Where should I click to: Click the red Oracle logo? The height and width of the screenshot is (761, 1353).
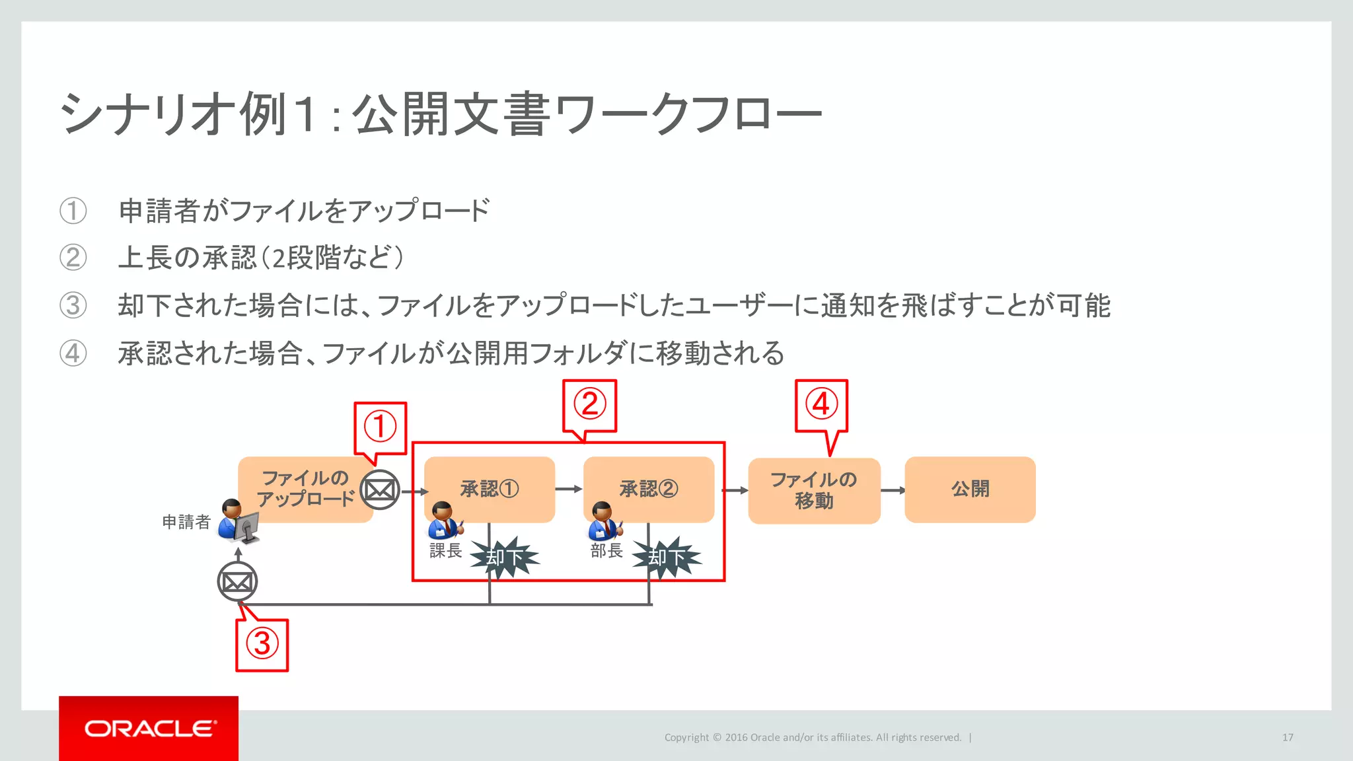(x=149, y=728)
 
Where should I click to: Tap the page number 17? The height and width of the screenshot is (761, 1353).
(x=1288, y=737)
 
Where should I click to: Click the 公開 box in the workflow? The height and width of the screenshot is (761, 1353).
(x=970, y=489)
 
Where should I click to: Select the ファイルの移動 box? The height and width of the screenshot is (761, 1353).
(x=814, y=490)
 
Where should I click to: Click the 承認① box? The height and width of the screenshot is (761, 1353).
(x=490, y=489)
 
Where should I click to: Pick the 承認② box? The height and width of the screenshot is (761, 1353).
(x=649, y=489)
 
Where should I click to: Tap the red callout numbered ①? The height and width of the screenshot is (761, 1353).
(x=380, y=427)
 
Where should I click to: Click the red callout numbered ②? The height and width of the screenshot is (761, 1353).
(x=589, y=405)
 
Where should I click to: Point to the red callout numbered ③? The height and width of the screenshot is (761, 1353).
(x=262, y=644)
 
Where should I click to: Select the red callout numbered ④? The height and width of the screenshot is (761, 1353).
(x=821, y=405)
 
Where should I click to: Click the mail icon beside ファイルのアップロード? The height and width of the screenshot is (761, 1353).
(x=380, y=489)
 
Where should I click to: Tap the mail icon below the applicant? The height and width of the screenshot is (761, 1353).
(x=237, y=582)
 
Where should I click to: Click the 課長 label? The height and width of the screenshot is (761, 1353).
(x=445, y=550)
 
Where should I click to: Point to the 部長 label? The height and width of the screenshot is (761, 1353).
(x=606, y=550)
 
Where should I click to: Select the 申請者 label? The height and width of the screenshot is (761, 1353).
(x=186, y=522)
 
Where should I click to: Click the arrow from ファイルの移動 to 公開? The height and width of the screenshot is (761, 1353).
(x=893, y=490)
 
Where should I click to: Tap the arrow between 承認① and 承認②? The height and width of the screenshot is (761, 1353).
(x=569, y=489)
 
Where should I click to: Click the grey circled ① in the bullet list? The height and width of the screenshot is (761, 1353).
(x=73, y=211)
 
